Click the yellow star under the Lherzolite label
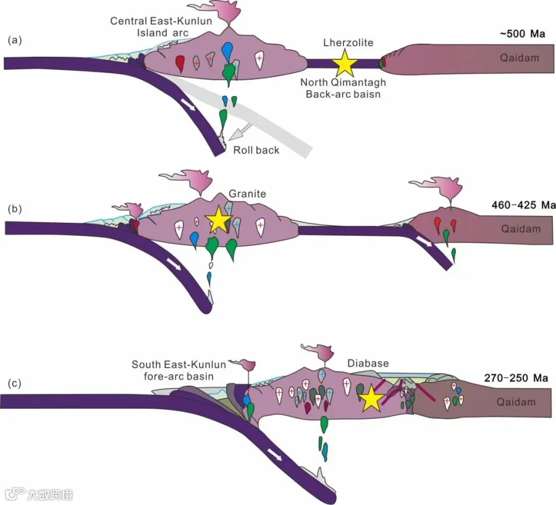point(345,64)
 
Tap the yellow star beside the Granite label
point(219,220)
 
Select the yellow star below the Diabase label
point(371,398)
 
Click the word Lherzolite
point(348,43)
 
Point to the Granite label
point(247,193)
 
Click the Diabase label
point(368,363)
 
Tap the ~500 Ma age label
point(522,34)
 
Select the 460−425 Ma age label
point(523,205)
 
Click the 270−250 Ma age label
point(516,378)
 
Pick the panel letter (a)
point(15,40)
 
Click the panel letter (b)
point(15,209)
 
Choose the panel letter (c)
point(15,383)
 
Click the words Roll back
point(256,150)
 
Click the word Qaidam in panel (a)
point(520,58)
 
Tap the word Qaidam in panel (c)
point(516,402)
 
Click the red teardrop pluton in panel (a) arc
point(180,64)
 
